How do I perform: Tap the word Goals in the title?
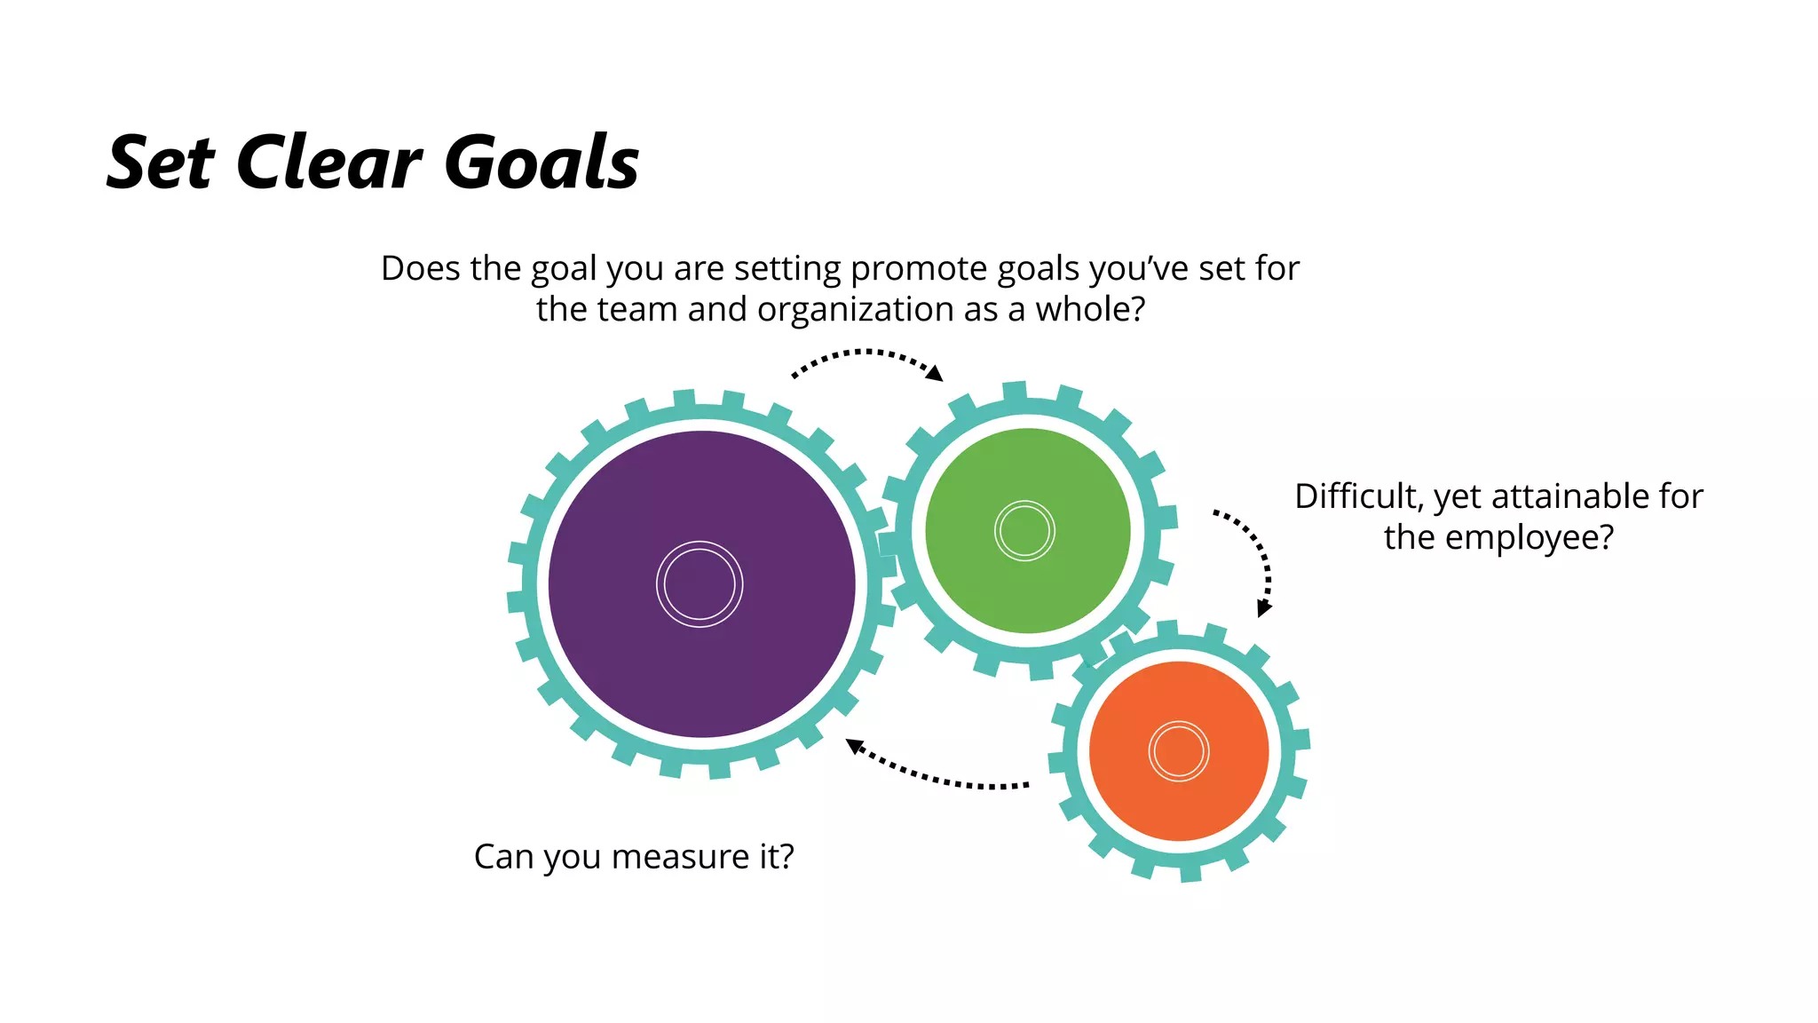(541, 163)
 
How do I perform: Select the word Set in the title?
(161, 163)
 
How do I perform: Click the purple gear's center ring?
(700, 584)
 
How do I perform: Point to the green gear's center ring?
(1024, 531)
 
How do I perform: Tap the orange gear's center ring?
(1179, 751)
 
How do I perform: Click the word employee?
(1529, 538)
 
